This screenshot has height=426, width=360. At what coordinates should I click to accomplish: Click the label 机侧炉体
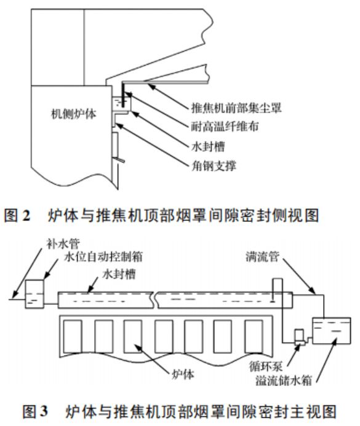(74, 114)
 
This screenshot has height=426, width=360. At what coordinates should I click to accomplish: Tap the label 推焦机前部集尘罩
(236, 108)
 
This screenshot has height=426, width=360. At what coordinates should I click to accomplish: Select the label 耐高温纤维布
(225, 127)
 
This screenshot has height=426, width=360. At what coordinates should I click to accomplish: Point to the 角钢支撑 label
(214, 165)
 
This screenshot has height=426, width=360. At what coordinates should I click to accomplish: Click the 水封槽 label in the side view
(208, 147)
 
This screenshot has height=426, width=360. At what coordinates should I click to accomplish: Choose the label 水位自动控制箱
(103, 257)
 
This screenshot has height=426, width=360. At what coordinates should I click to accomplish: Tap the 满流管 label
(262, 256)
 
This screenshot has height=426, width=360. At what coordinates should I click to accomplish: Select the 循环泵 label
(266, 366)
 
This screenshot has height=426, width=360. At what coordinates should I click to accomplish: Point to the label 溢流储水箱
(284, 380)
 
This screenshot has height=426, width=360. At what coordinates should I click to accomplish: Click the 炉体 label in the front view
(183, 374)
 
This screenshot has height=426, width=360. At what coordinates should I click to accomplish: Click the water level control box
(34, 294)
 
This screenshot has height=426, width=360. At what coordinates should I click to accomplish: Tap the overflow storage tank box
(332, 330)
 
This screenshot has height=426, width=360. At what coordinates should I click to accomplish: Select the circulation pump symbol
(300, 337)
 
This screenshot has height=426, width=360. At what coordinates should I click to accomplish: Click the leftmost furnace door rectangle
(73, 336)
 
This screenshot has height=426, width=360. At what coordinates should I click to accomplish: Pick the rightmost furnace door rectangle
(254, 336)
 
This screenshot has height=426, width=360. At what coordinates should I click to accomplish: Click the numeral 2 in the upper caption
(26, 216)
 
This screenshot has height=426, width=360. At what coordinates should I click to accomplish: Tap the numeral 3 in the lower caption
(44, 411)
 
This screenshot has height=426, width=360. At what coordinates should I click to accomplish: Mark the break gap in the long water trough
(155, 300)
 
